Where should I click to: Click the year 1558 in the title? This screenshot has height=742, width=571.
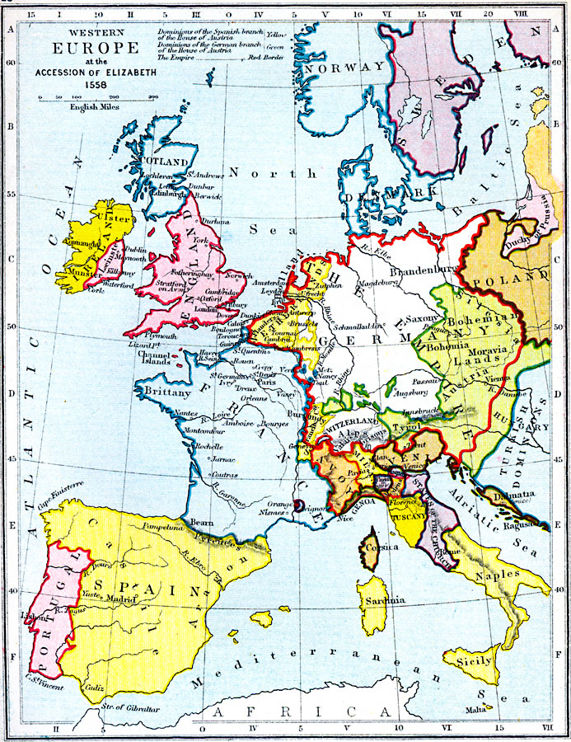[x=74, y=85]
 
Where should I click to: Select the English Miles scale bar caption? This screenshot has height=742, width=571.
[x=95, y=107]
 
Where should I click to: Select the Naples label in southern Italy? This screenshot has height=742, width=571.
[x=496, y=573]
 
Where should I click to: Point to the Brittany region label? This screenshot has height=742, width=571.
[x=168, y=393]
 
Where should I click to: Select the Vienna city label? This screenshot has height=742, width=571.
[x=502, y=375]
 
